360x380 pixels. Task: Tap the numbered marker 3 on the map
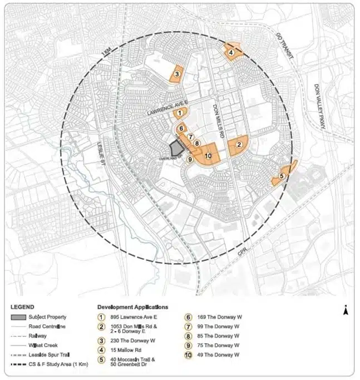pos(176,73)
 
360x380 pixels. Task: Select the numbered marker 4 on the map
pos(231,52)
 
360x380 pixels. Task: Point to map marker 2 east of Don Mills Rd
pos(239,145)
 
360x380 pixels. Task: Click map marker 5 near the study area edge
pos(282,176)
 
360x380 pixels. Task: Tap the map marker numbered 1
pos(179,113)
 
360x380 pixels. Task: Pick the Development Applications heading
pos(132,307)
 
